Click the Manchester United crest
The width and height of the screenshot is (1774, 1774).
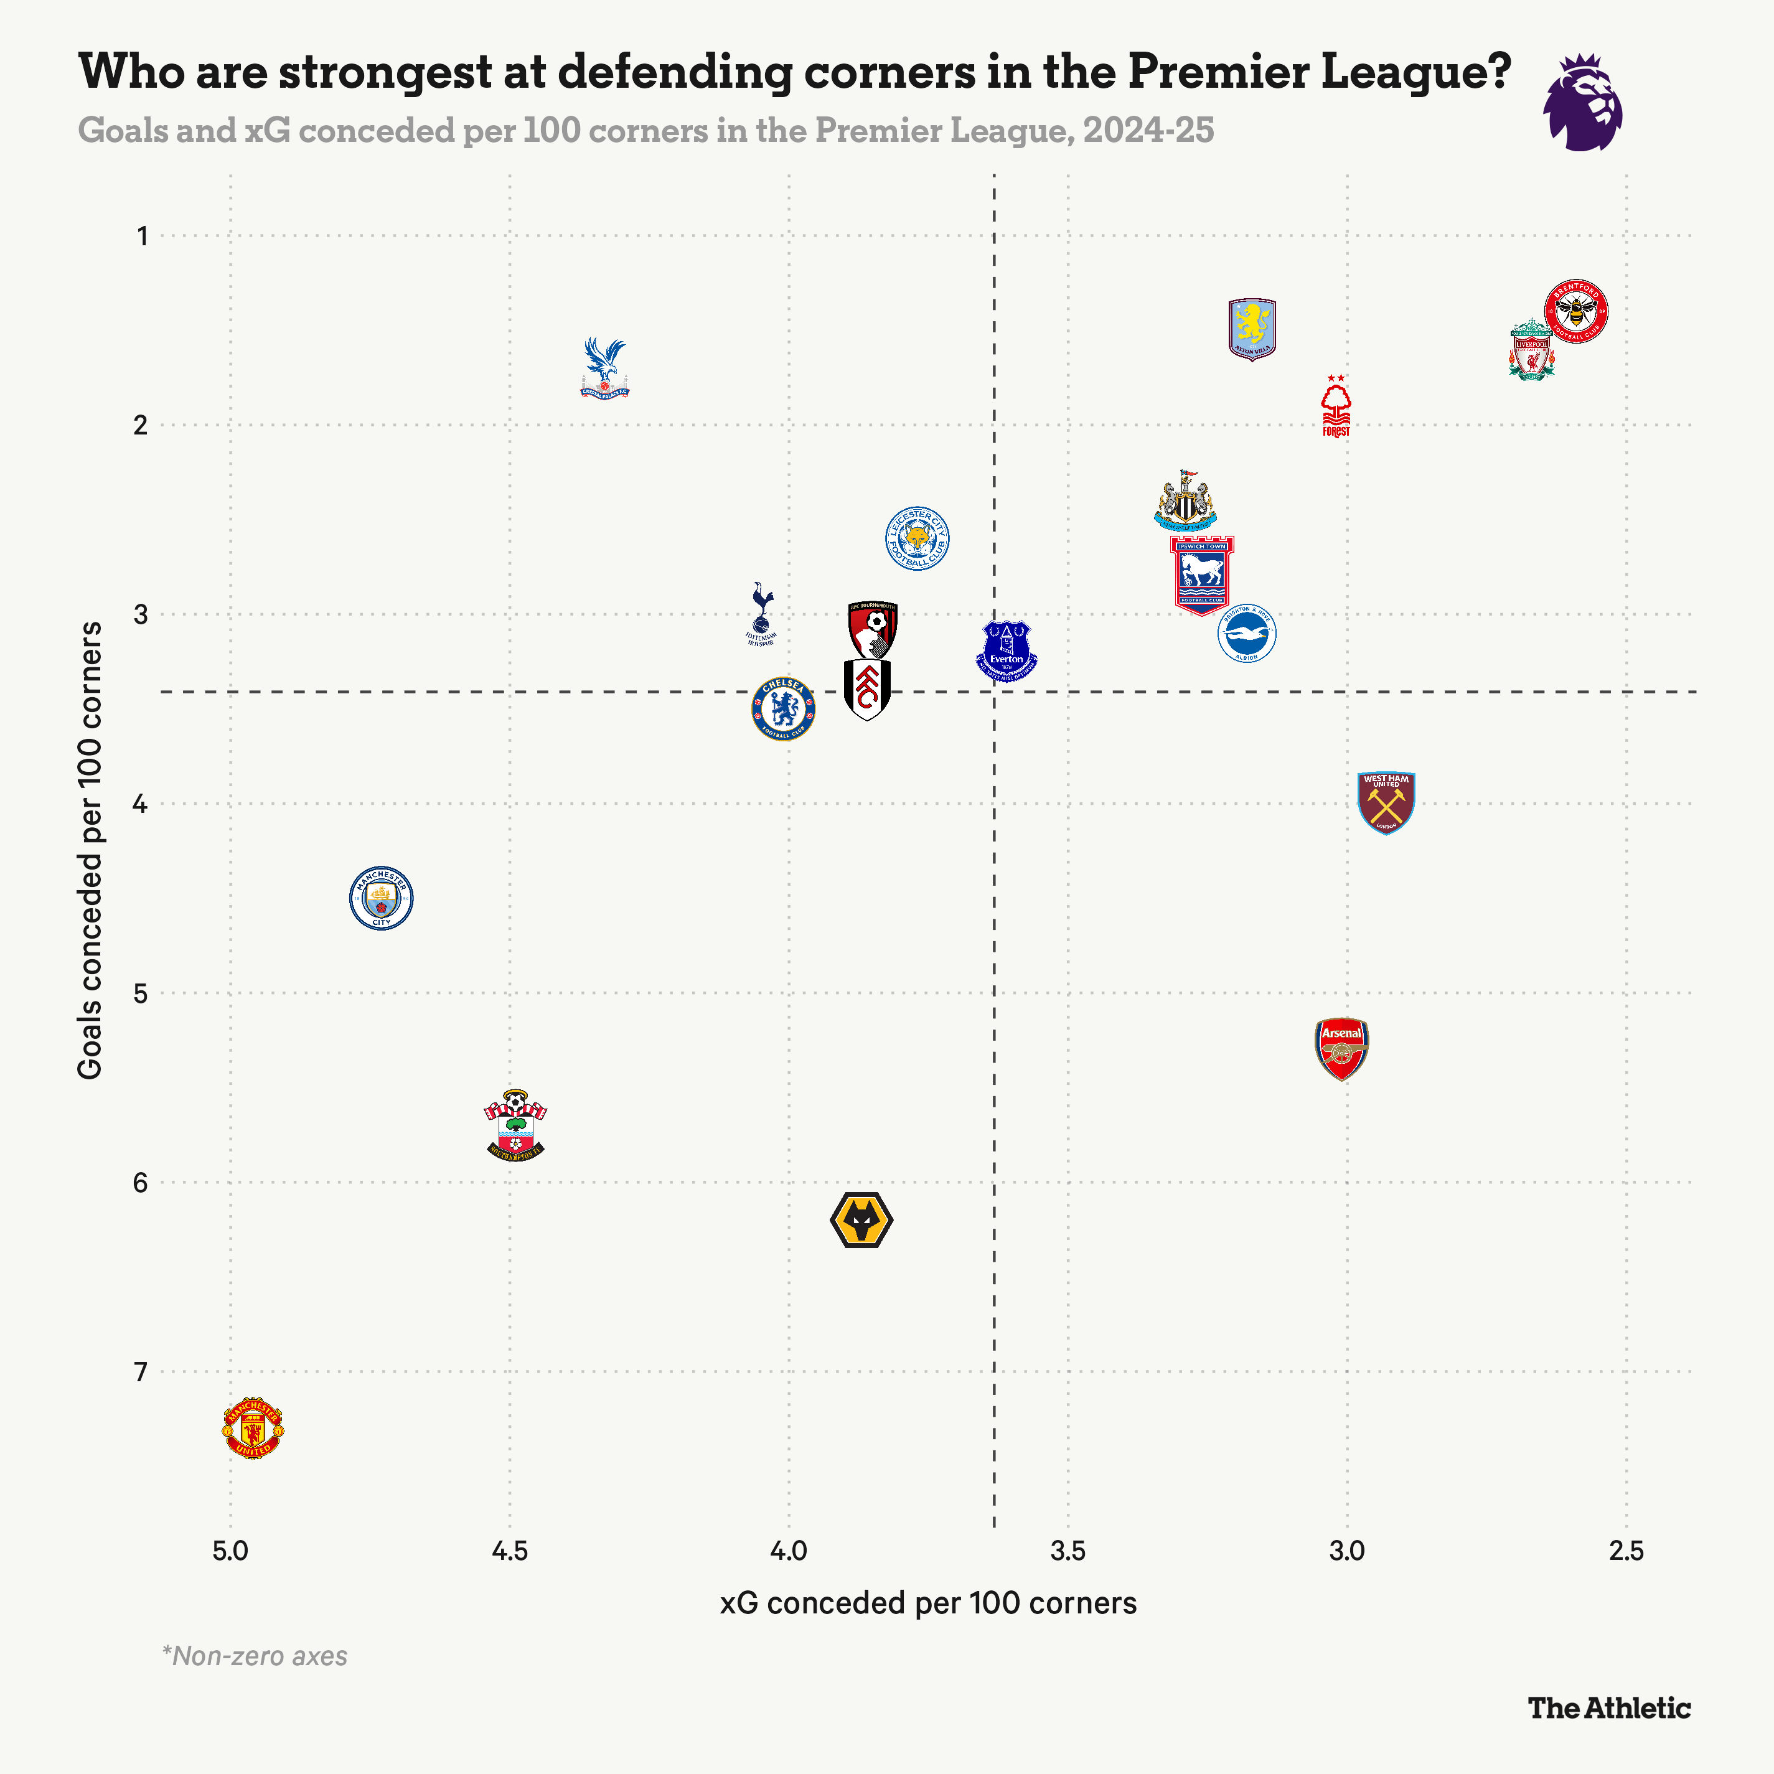tap(253, 1429)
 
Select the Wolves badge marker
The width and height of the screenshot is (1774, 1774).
tap(861, 1220)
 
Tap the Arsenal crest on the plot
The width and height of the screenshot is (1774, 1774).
tap(1341, 1048)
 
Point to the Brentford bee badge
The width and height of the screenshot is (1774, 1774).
tap(1575, 311)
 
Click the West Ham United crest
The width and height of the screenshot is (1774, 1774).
tap(1386, 802)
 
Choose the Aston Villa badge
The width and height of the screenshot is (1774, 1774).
tap(1252, 329)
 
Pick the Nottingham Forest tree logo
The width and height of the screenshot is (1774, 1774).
tap(1336, 406)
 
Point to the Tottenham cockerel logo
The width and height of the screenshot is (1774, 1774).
tap(761, 613)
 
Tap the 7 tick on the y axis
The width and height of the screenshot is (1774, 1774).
tap(141, 1372)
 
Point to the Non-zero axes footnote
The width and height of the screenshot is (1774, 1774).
tap(255, 1656)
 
